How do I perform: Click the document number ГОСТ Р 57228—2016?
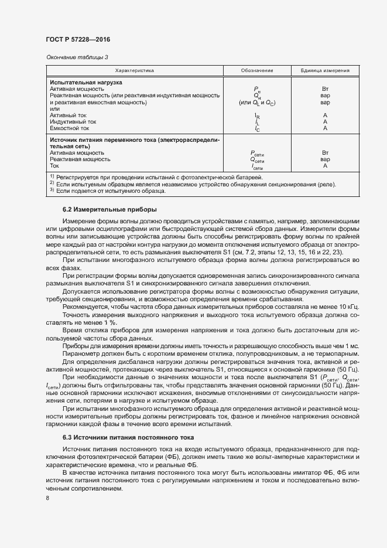pos(77,39)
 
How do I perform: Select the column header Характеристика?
pos(134,70)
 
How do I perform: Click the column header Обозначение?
pos(257,70)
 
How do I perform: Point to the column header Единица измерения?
pos(325,70)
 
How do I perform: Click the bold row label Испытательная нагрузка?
pos(85,83)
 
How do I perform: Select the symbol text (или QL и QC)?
pos(256,103)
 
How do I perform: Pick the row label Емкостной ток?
pos(69,128)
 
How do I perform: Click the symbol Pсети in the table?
pos(257,154)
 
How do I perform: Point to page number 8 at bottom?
pos(47,499)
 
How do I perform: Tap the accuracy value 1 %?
pos(108,323)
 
